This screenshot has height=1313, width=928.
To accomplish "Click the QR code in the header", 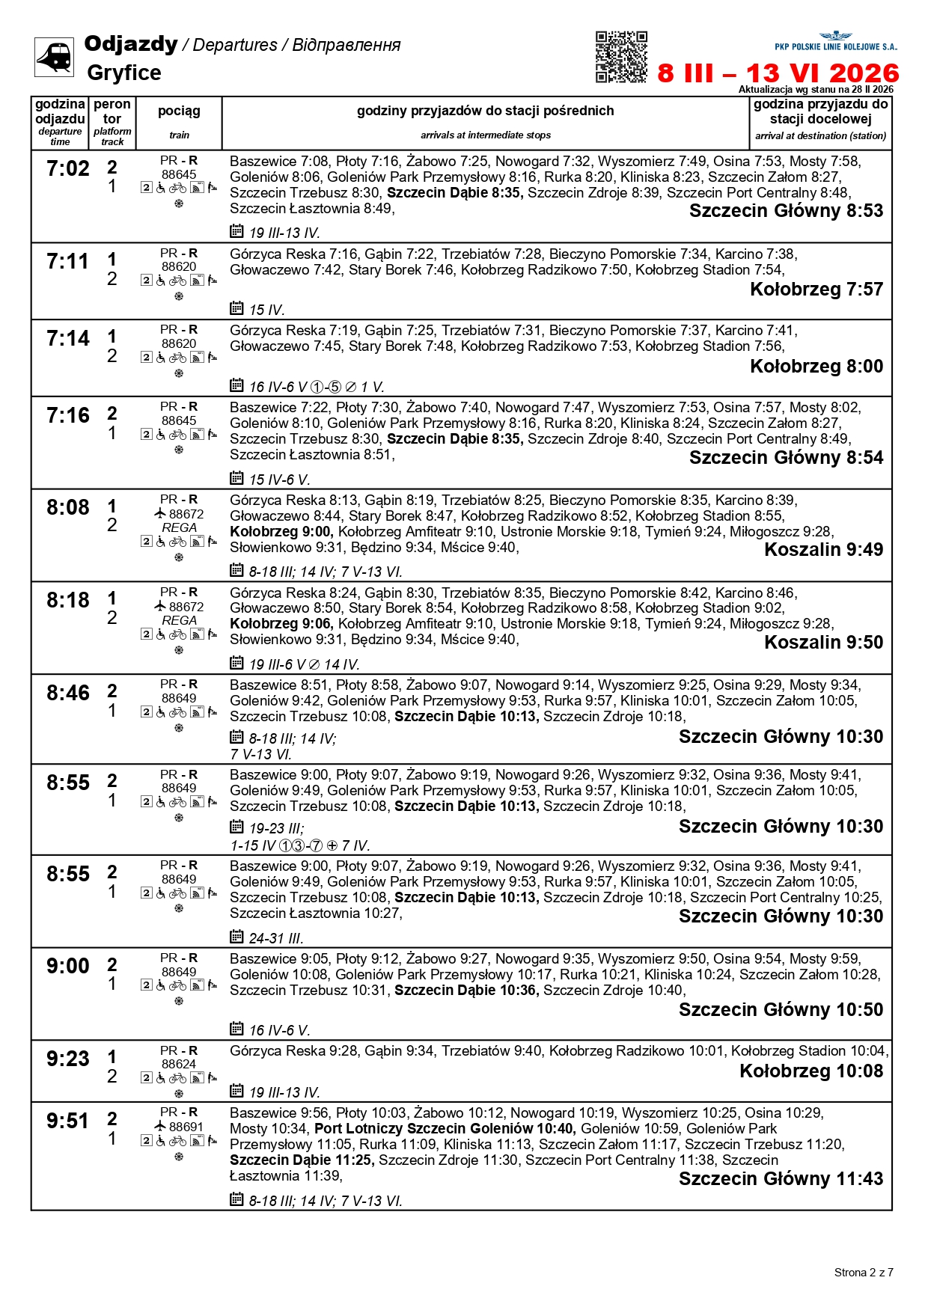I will [621, 57].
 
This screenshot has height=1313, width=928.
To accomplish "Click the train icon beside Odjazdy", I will [55, 57].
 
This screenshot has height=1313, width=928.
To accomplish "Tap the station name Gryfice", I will [124, 73].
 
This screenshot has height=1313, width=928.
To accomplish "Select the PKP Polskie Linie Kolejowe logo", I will [835, 42].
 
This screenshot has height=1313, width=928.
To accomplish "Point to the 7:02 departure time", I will [68, 169].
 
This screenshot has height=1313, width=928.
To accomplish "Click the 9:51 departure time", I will [68, 1121].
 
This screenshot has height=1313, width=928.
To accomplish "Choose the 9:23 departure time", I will [68, 1059].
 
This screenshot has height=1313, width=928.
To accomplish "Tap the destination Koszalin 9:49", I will [823, 550].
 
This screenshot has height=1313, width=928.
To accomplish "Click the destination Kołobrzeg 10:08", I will [811, 1071].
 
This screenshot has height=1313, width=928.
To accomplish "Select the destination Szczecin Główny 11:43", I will [781, 1179].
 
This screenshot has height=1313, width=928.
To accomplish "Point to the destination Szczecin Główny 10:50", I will [781, 1010].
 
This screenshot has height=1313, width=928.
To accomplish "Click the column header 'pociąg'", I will [179, 111].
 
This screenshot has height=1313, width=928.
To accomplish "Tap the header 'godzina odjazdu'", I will [60, 111].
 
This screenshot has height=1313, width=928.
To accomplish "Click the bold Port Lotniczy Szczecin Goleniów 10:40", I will [445, 1128].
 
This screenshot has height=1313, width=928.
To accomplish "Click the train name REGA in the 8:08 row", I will [179, 528].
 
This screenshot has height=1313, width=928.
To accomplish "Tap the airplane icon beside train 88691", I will [159, 1126].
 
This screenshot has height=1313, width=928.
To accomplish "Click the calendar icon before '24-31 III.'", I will [236, 937].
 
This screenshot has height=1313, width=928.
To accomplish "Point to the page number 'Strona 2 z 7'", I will [864, 1273].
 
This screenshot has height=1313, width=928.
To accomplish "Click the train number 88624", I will [179, 1064].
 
